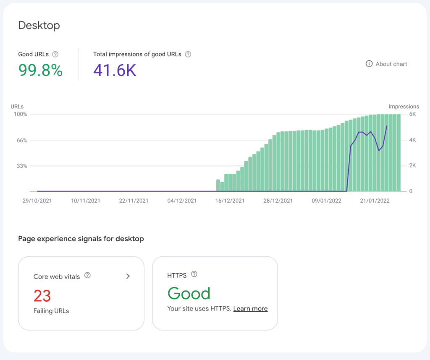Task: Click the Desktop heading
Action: [x=39, y=25]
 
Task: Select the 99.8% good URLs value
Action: [x=40, y=70]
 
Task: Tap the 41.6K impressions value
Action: [x=115, y=70]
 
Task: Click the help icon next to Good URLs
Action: [x=55, y=54]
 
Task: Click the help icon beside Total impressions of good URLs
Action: [x=188, y=54]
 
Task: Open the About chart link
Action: [x=386, y=64]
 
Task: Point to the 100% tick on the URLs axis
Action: [x=21, y=114]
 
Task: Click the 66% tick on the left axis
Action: [x=22, y=140]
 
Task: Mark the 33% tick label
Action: [x=22, y=166]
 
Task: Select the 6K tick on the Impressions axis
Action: [x=412, y=114]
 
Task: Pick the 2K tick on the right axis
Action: [x=412, y=166]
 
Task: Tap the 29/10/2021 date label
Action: [x=37, y=201]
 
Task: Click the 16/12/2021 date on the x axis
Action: [x=230, y=201]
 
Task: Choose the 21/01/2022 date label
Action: [x=375, y=201]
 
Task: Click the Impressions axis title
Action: [x=404, y=107]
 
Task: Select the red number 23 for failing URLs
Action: [x=42, y=296]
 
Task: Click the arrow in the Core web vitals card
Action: [x=128, y=276]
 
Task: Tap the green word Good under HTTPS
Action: [x=189, y=293]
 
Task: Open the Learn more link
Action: [x=250, y=309]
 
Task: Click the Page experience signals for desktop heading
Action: [x=81, y=239]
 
